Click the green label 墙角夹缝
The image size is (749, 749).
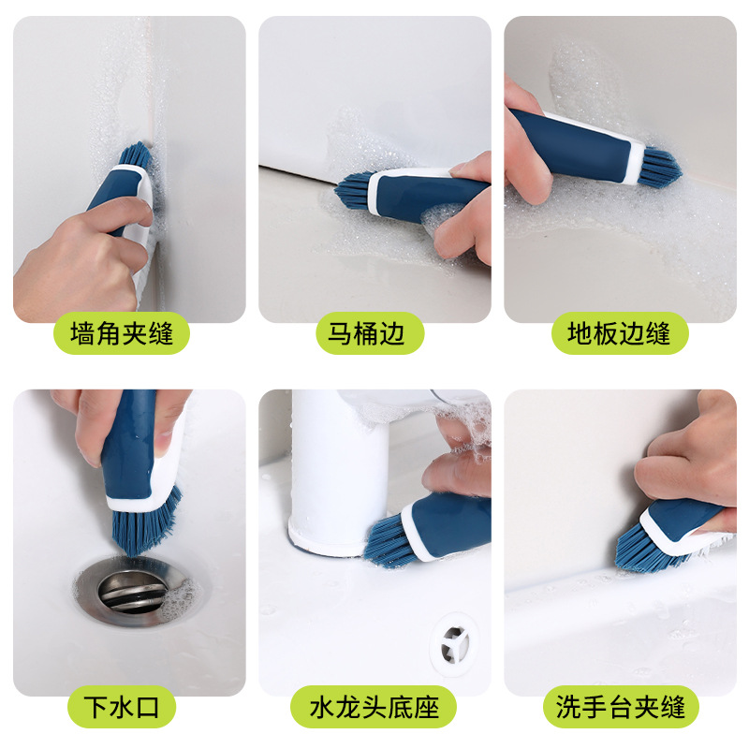pos(122,333)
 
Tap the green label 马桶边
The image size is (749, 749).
pos(370,333)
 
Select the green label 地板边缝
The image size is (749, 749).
pos(620,333)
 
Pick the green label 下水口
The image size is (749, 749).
pos(122,707)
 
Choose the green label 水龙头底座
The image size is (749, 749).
pos(374,707)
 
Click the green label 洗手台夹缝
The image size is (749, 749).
pos(621,707)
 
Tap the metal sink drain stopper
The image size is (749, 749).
pos(133,592)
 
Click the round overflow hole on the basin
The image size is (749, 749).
pos(453,644)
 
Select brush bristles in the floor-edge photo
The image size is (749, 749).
pos(661,166)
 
